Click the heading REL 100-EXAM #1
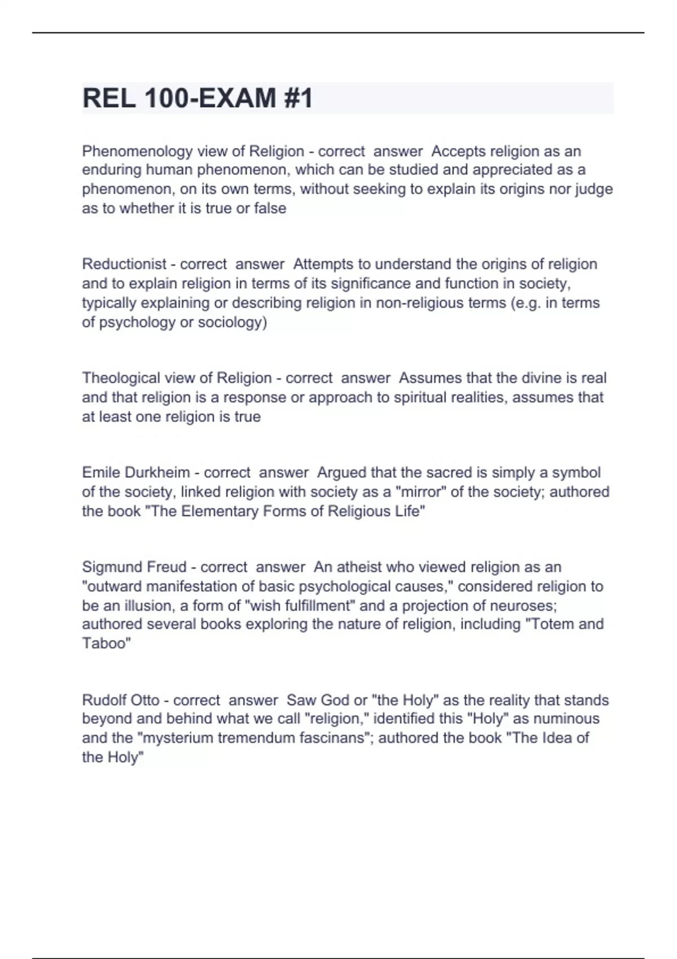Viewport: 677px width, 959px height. click(197, 98)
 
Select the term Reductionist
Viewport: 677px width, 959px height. click(124, 264)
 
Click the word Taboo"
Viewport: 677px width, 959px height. click(107, 643)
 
